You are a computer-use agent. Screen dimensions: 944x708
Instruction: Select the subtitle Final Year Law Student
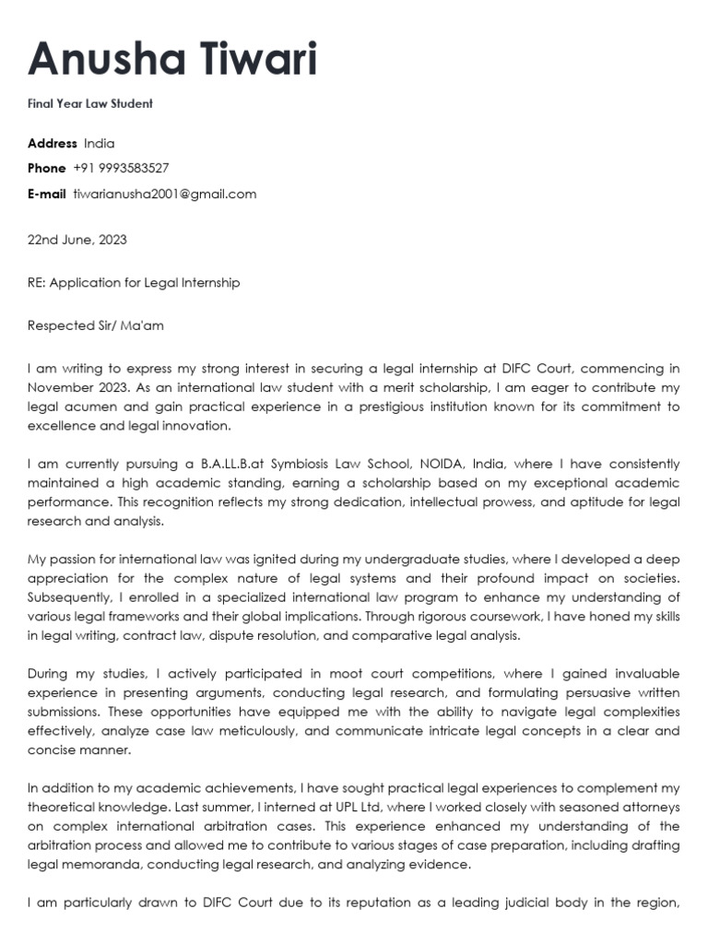point(90,103)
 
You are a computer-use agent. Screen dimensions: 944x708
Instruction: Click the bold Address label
point(53,144)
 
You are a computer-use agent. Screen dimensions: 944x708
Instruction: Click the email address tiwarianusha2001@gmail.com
point(165,195)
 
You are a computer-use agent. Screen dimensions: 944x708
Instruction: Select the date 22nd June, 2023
point(77,240)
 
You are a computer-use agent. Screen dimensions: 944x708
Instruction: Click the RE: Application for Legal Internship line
point(134,283)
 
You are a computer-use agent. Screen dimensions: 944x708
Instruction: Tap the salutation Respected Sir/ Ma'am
point(96,325)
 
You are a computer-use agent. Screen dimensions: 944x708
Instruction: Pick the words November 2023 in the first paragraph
point(75,388)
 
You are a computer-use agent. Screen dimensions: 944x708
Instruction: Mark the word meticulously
point(270,731)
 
